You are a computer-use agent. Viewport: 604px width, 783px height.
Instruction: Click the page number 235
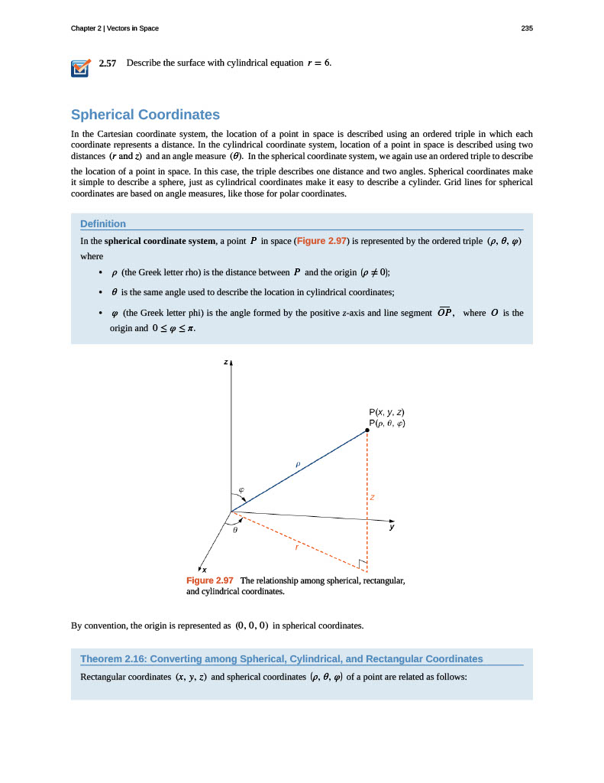coord(526,28)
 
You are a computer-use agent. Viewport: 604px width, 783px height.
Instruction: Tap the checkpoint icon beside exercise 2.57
coord(80,68)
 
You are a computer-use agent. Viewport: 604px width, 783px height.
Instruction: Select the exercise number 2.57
coord(108,63)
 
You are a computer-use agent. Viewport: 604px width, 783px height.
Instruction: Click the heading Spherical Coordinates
coord(145,115)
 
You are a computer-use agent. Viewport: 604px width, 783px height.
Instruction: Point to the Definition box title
coord(103,223)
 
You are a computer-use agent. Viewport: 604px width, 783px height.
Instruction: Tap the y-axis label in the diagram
coord(392,527)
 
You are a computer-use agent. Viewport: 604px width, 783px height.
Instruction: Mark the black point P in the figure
coord(367,430)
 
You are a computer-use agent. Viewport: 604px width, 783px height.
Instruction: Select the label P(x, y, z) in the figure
coord(387,413)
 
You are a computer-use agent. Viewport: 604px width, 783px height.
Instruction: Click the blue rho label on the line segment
coord(299,463)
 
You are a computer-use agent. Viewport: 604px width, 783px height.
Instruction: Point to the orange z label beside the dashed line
coord(373,497)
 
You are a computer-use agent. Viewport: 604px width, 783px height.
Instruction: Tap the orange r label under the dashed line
coord(296,547)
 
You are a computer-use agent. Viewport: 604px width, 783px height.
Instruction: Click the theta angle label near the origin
coord(236,529)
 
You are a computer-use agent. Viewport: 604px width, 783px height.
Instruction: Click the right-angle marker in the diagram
coord(363,566)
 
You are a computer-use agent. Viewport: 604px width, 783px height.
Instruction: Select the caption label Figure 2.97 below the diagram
coord(210,580)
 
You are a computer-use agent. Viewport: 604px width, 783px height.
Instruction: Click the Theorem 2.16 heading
coord(282,658)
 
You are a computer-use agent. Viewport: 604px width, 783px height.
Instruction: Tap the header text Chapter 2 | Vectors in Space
coord(115,28)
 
